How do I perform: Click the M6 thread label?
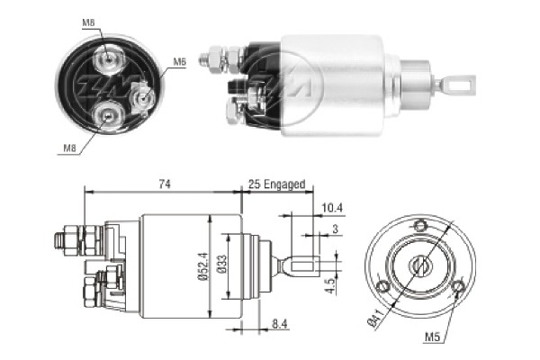click(x=179, y=62)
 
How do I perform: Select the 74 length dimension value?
click(x=165, y=184)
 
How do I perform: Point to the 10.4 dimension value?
click(x=328, y=208)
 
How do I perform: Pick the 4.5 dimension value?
click(x=331, y=286)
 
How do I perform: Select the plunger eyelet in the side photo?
click(x=462, y=85)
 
